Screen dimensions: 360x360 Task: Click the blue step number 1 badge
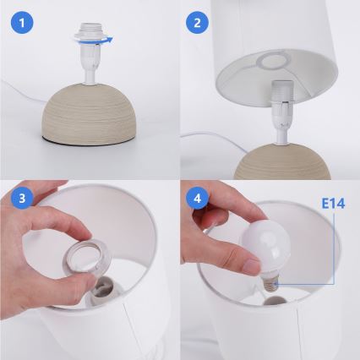click(22, 23)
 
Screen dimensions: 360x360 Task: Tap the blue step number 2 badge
click(197, 23)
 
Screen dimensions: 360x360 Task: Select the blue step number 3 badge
click(22, 198)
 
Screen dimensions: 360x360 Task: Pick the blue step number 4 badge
click(198, 198)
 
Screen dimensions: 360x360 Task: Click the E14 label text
click(333, 204)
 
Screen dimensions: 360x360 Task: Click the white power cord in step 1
click(24, 93)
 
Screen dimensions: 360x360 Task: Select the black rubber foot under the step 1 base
click(89, 142)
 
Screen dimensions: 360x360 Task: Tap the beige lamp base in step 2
click(282, 162)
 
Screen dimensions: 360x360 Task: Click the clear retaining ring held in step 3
click(85, 258)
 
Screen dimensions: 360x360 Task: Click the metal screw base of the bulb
click(271, 283)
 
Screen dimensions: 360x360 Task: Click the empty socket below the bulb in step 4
click(275, 301)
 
